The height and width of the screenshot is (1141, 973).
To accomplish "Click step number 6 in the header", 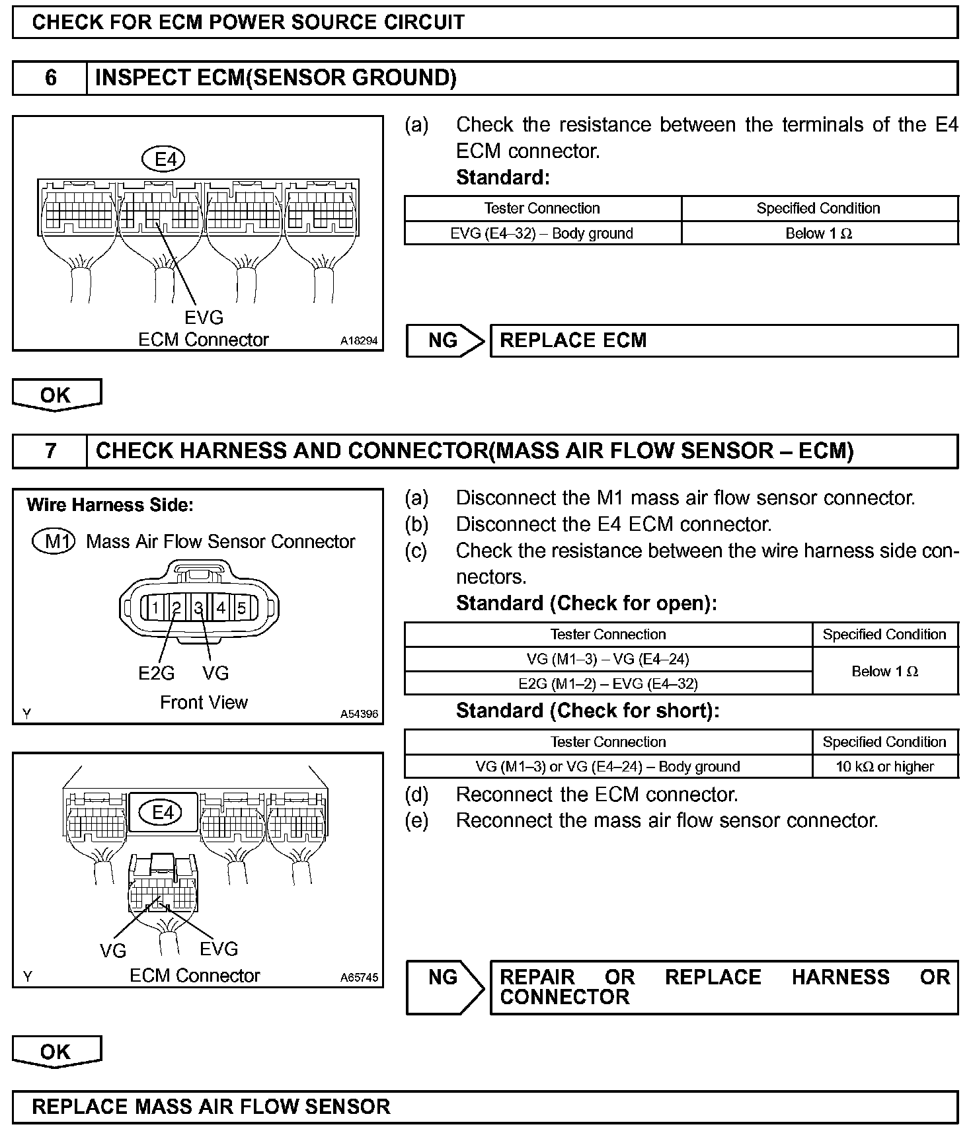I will pyautogui.click(x=50, y=78).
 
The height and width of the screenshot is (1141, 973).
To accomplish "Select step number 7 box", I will pyautogui.click(x=50, y=451).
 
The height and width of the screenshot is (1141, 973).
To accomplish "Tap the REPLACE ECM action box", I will pyautogui.click(x=723, y=340).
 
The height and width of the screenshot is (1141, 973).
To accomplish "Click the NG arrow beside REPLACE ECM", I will pyautogui.click(x=446, y=340).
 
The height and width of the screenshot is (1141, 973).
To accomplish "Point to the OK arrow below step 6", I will pyautogui.click(x=56, y=395).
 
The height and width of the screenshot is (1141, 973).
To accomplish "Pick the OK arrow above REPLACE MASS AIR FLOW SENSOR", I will pyautogui.click(x=56, y=1052).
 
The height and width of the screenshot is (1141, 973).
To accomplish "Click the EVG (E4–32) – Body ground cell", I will pyautogui.click(x=542, y=233).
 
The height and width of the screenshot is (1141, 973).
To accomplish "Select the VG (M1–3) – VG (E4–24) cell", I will pyautogui.click(x=607, y=659).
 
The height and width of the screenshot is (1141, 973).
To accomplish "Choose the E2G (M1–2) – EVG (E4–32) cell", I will pyautogui.click(x=607, y=684).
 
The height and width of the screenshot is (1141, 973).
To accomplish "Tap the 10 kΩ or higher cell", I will pyautogui.click(x=884, y=767).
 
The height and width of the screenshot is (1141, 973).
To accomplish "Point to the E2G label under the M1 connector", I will pyautogui.click(x=156, y=673).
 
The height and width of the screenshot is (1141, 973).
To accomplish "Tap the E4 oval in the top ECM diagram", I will pyautogui.click(x=164, y=159).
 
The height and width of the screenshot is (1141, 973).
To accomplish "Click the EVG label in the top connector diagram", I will pyautogui.click(x=204, y=318).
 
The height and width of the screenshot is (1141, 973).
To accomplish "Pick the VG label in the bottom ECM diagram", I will pyautogui.click(x=113, y=951).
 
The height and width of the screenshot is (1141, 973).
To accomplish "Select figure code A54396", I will pyautogui.click(x=359, y=714).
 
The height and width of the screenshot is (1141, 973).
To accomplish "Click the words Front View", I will pyautogui.click(x=204, y=702).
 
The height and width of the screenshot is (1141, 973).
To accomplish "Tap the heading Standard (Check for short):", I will pyautogui.click(x=587, y=711).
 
